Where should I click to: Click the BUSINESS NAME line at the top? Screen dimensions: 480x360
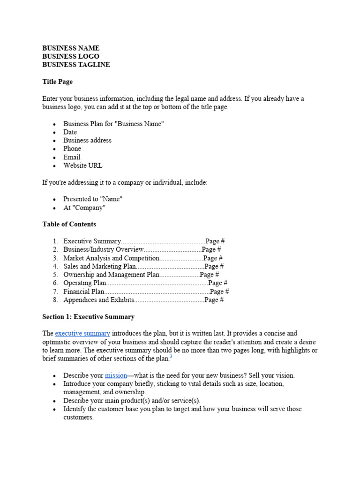tap(71, 48)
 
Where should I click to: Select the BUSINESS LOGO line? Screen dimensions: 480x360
tap(71, 56)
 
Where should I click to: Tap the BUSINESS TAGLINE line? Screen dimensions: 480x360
tap(76, 65)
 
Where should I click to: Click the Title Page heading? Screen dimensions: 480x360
tap(57, 82)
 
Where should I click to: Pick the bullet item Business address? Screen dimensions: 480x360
tap(87, 140)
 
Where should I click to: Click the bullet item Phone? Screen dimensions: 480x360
tap(72, 149)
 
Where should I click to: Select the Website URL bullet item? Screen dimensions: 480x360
tap(82, 165)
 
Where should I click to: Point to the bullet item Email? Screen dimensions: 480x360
tap(72, 157)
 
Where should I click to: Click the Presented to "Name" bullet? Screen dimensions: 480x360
tap(93, 199)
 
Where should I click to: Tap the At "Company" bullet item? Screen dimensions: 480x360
tap(84, 207)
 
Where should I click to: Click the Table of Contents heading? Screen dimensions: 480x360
tap(69, 224)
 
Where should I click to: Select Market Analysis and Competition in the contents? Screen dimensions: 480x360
tap(112, 258)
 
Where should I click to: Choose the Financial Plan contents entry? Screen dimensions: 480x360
tap(84, 292)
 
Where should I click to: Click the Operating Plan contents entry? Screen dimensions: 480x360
tap(85, 283)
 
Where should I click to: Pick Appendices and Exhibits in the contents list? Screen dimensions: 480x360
tap(99, 300)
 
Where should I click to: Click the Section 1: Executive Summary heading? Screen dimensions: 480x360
tap(88, 317)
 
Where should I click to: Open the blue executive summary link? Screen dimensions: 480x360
tap(82, 334)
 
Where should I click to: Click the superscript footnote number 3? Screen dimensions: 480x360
tap(171, 357)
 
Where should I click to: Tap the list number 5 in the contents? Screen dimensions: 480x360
tap(55, 275)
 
